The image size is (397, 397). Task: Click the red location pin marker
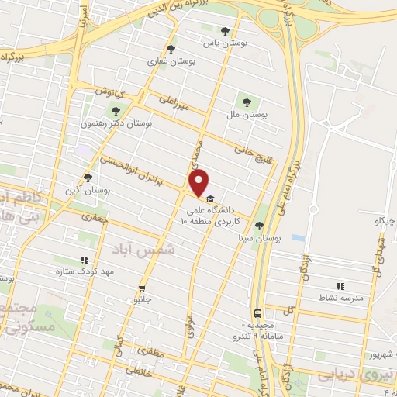click(198, 184)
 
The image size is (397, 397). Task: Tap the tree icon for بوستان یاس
click(225, 32)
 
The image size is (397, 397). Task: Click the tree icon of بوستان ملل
click(247, 101)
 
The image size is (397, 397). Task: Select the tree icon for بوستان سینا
click(258, 226)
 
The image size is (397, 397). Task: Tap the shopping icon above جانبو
click(141, 286)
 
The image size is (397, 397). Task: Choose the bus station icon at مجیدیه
click(257, 313)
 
